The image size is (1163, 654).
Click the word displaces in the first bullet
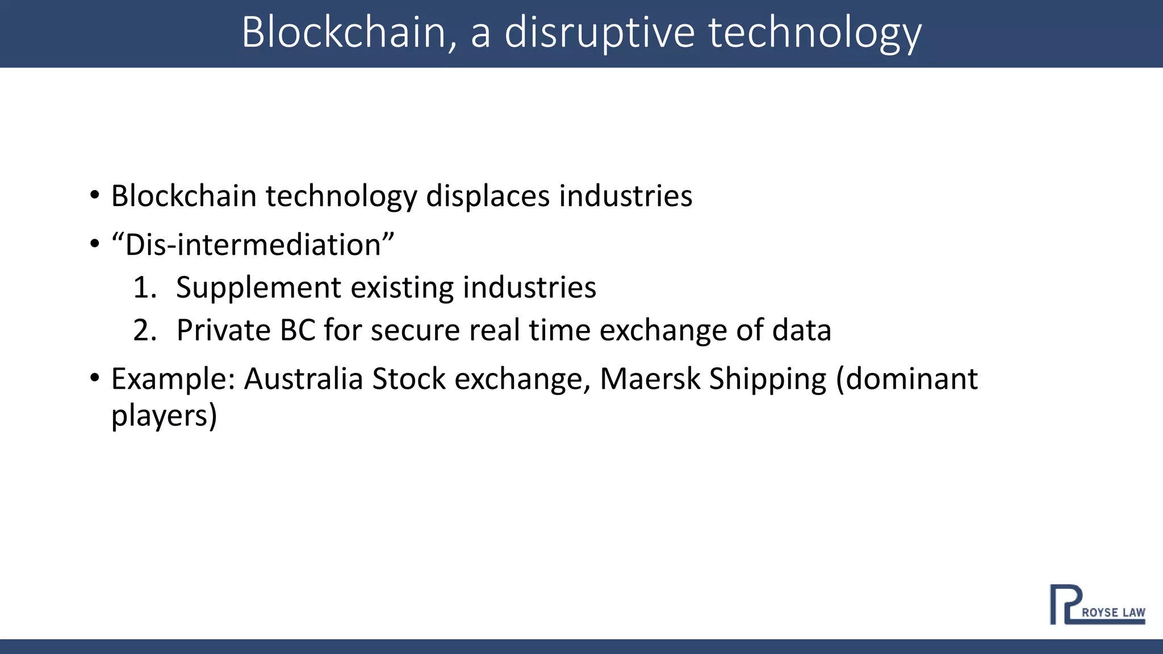coord(488,196)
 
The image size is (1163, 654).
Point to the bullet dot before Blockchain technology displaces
coord(95,196)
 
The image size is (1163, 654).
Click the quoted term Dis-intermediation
coord(253,245)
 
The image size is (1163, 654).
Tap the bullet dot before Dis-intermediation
coord(95,245)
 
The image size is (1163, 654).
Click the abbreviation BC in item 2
coord(298,330)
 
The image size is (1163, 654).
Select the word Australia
coord(303,379)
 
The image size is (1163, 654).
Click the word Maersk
coord(650,379)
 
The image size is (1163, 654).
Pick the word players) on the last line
coord(164,416)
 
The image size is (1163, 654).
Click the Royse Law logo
coord(1097,605)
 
